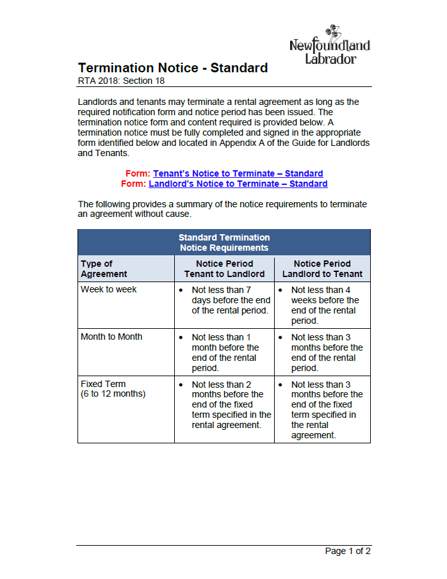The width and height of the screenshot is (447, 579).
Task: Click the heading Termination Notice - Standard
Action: (x=173, y=68)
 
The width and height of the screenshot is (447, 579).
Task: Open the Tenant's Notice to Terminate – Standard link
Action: (x=238, y=173)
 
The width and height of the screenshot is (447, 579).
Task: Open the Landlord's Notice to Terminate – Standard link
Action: (x=238, y=184)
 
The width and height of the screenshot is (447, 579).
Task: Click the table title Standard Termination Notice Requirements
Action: (x=224, y=242)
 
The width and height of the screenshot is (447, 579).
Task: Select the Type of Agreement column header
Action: (x=104, y=269)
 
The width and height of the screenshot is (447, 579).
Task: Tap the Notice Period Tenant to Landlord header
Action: (x=224, y=269)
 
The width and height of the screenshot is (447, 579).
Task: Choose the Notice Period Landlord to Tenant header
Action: (x=322, y=269)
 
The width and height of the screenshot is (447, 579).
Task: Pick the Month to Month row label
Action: (x=111, y=337)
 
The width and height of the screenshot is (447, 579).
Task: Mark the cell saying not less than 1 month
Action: (x=225, y=352)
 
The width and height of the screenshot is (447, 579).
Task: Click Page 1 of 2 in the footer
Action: (x=348, y=551)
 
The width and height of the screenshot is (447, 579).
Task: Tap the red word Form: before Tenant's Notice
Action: (x=138, y=173)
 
